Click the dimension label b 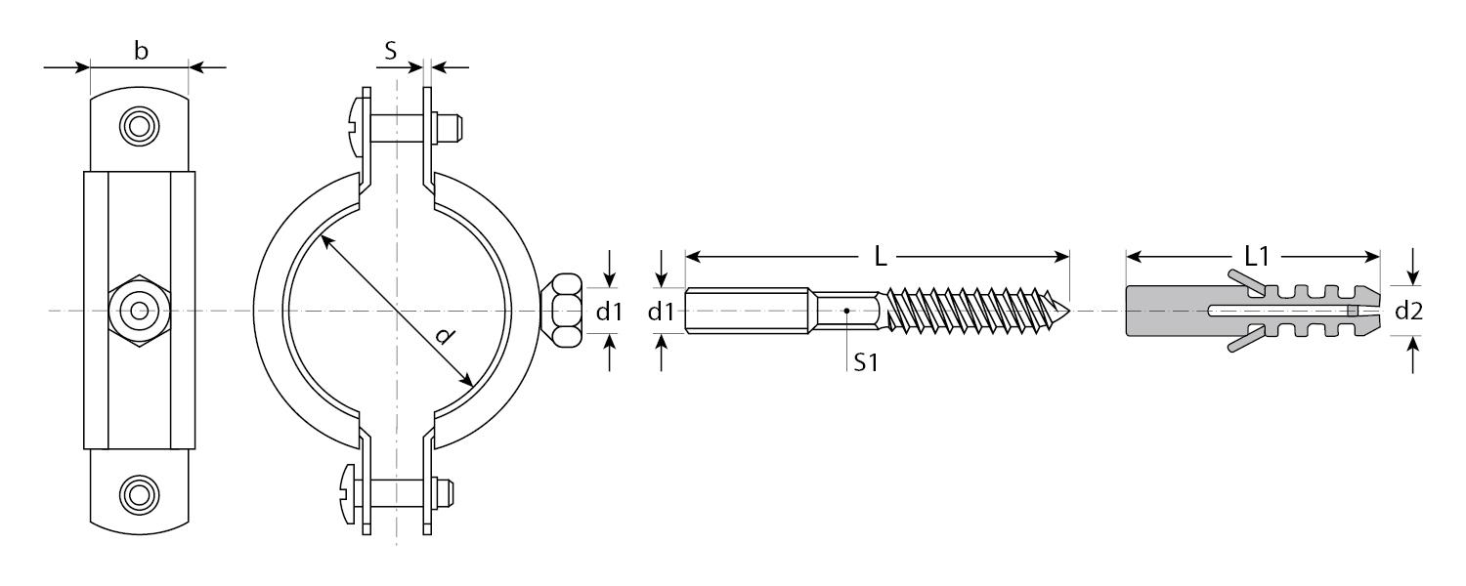141,51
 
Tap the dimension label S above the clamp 391,51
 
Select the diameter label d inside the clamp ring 445,336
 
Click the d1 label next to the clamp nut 609,312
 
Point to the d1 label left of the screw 661,312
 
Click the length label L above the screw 881,257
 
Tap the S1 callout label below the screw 866,361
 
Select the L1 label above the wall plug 1257,256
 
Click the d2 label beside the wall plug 1408,311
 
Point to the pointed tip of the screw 1069,310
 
